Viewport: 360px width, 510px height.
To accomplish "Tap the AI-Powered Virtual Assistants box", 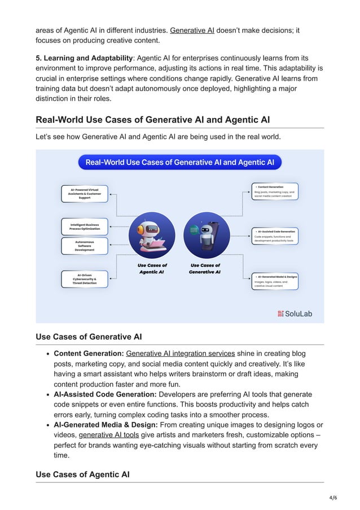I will [84, 194].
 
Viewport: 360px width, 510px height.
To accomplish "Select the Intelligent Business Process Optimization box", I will [84, 226].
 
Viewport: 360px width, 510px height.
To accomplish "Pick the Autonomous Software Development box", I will [84, 245].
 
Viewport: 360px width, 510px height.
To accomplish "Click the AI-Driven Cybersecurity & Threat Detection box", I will [84, 279].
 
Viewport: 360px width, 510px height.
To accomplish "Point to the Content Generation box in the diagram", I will [275, 191].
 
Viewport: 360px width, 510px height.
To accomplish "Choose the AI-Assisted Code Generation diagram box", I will [275, 236].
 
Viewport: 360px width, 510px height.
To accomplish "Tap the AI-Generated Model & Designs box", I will [275, 281].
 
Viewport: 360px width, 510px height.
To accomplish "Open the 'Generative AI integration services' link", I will [180, 354].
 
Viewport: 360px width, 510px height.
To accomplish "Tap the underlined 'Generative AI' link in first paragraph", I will [192, 30].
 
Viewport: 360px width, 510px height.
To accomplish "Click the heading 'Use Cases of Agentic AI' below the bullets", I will [82, 474].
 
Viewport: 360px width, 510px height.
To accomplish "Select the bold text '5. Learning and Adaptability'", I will [84, 58].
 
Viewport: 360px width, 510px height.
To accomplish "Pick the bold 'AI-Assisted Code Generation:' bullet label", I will [106, 394].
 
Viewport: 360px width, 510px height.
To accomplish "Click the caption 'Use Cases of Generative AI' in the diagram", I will [205, 268].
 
